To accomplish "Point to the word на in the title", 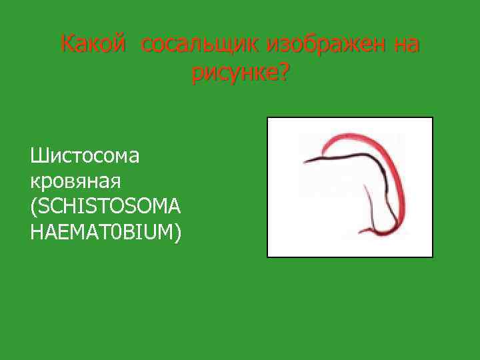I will point(406,45).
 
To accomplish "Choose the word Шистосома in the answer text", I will point(85,157).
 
